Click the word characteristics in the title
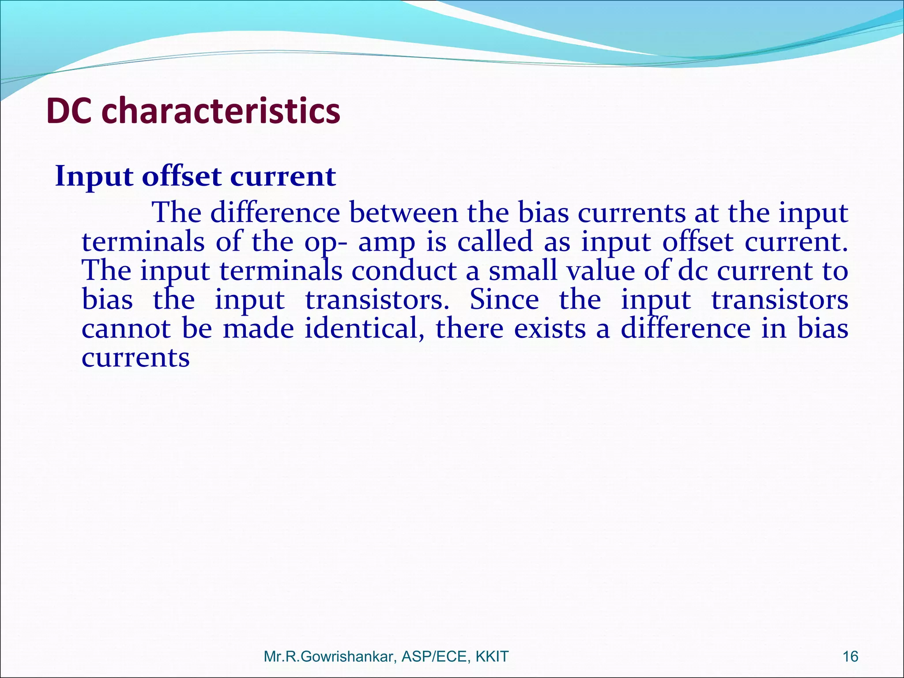pyautogui.click(x=221, y=111)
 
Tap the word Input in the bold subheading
pyautogui.click(x=94, y=177)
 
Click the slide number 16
pyautogui.click(x=850, y=656)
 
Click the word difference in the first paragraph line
pyautogui.click(x=275, y=213)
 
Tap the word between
pyautogui.click(x=403, y=213)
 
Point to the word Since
pyautogui.click(x=504, y=300)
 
